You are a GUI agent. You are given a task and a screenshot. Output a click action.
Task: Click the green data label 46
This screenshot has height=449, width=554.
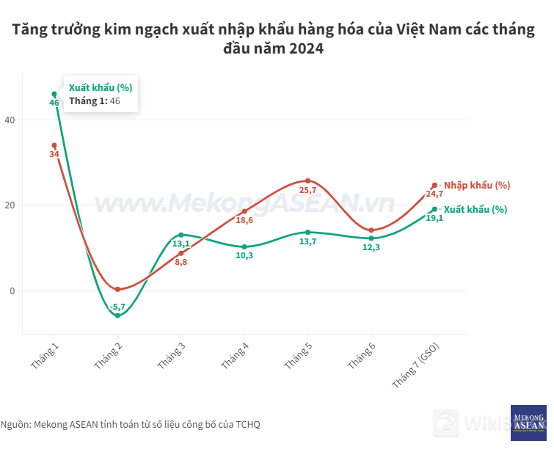point(54,103)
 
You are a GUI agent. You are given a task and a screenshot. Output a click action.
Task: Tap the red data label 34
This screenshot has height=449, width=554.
point(54,154)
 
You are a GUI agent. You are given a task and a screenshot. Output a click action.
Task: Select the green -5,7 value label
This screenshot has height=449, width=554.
point(117,307)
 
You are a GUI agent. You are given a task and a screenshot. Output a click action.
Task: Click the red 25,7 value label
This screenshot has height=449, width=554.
point(308,190)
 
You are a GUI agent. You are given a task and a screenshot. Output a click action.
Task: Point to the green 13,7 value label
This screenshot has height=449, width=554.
point(308,241)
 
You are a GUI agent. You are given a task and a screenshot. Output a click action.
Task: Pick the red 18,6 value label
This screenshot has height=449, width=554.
point(244,220)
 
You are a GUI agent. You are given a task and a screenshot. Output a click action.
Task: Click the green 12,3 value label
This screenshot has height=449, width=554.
point(371,247)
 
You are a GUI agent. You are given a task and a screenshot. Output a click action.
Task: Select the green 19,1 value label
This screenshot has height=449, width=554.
point(434,218)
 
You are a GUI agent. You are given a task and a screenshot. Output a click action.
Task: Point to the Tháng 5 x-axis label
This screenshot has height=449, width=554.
point(296,356)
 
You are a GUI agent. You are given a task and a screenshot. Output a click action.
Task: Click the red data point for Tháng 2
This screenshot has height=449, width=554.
point(117,289)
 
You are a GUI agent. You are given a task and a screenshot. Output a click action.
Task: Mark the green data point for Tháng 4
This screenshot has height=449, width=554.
point(244,247)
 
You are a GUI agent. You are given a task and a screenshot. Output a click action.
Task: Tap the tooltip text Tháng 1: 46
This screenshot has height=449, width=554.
point(94,101)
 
